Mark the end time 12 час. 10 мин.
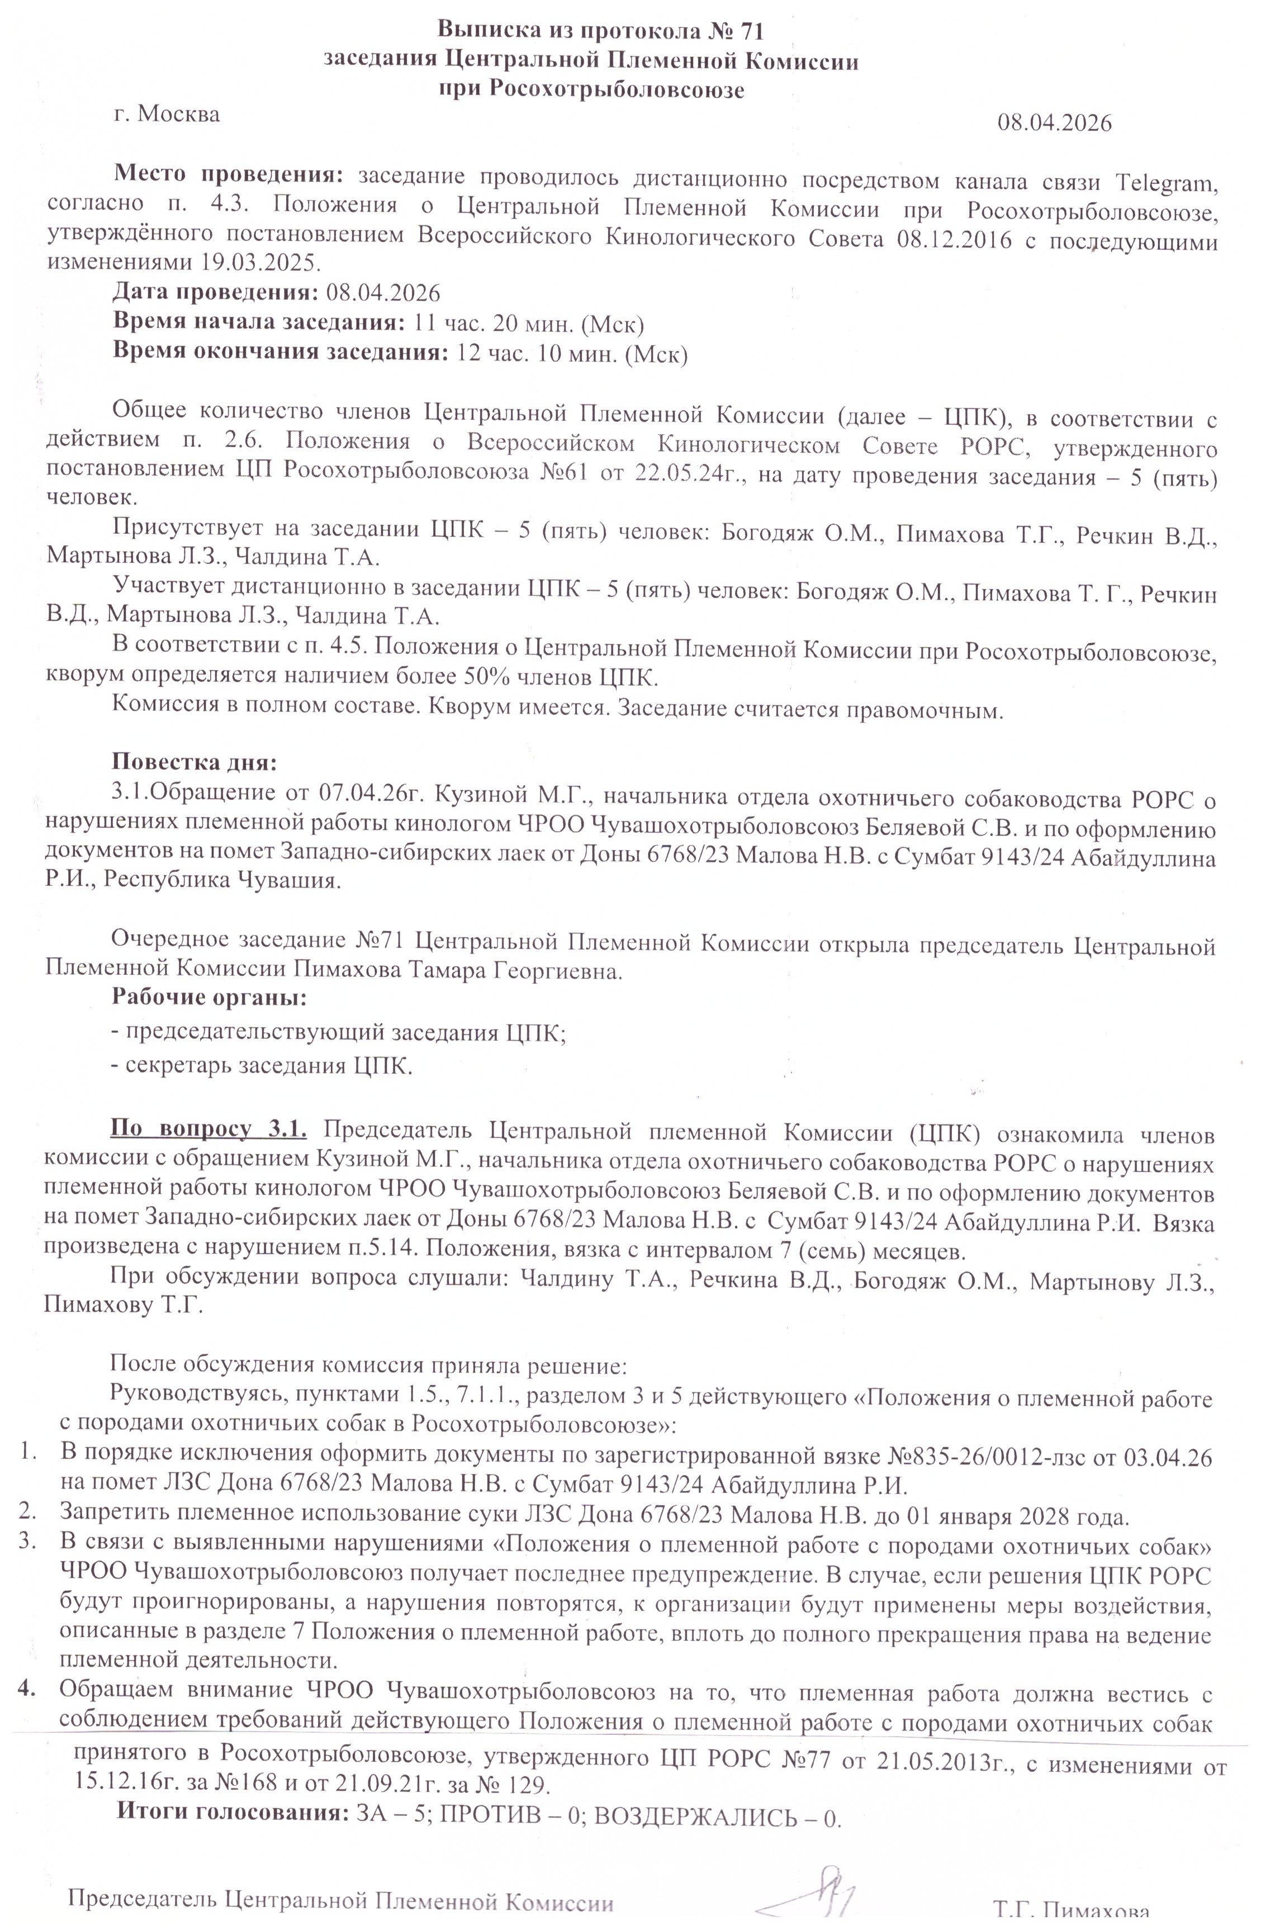pyautogui.click(x=537, y=354)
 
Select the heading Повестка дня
pyautogui.click(x=195, y=762)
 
